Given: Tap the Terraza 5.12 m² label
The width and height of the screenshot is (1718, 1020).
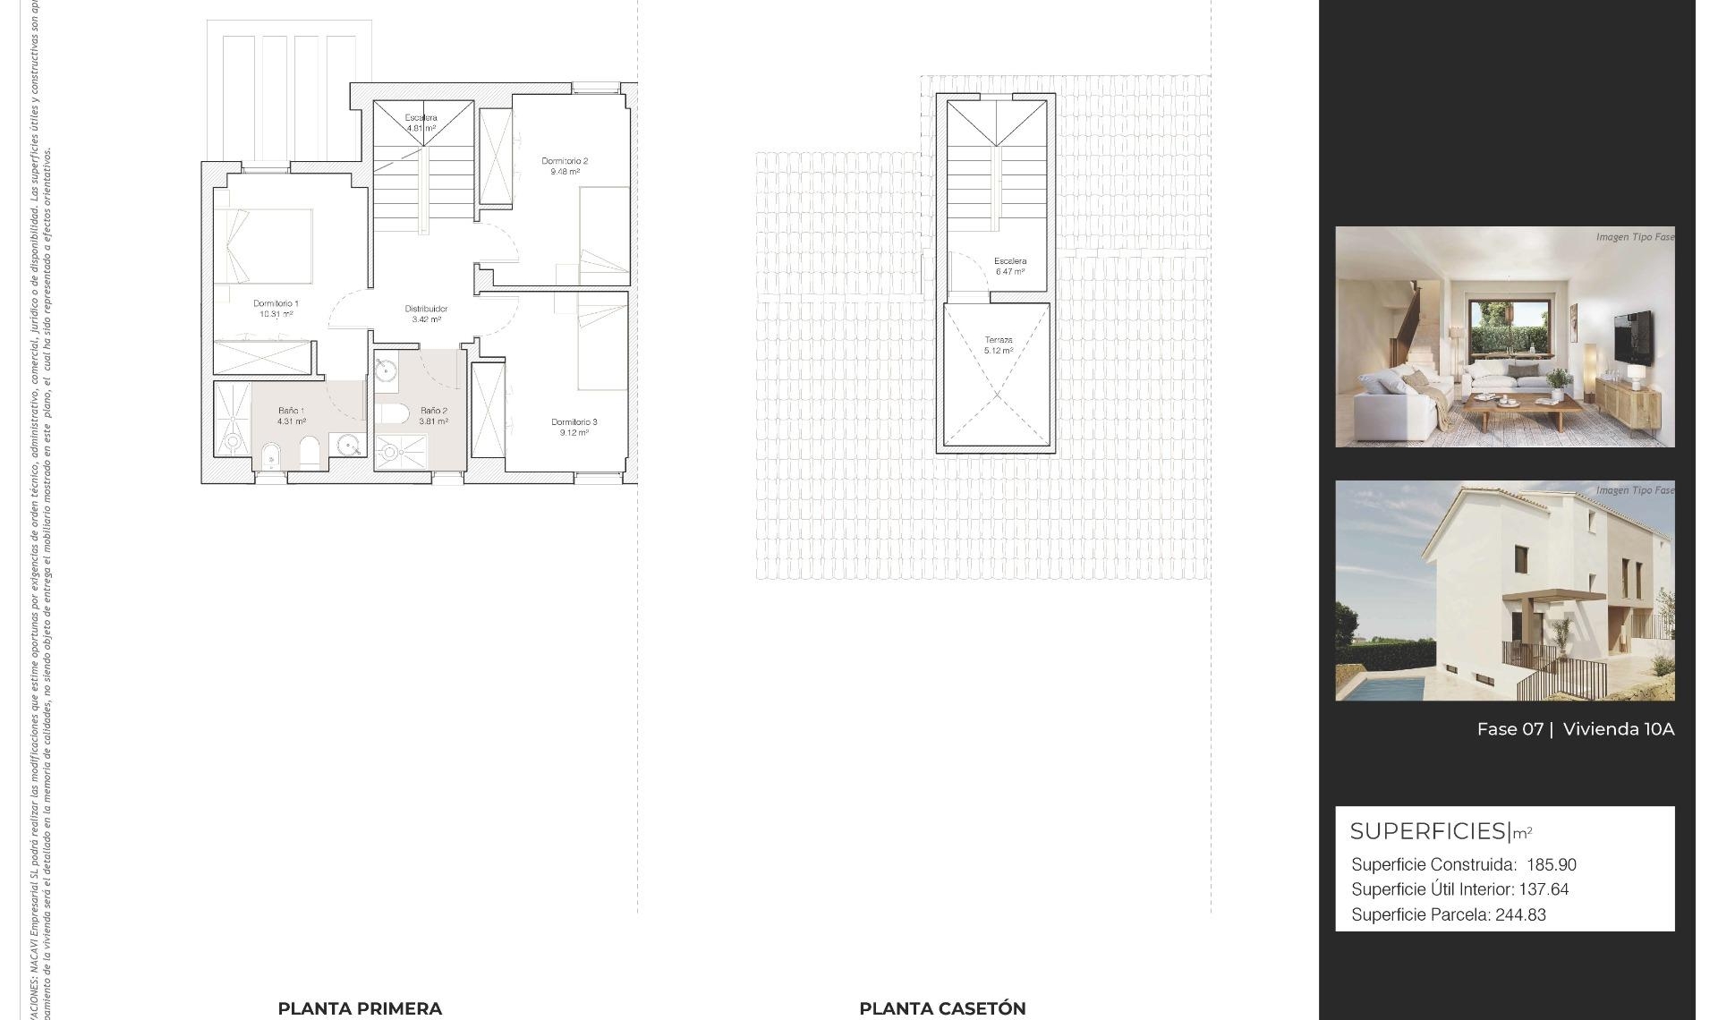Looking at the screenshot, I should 999,345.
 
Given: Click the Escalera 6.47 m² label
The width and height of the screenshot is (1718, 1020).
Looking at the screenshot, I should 1010,266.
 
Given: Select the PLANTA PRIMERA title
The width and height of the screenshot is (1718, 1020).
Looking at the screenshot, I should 360,1008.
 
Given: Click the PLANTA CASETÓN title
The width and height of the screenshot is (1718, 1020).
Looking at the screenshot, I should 942,1008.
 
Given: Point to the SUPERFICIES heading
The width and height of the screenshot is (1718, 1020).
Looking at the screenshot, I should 1429,831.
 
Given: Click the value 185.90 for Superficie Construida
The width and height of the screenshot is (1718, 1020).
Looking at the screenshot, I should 1552,865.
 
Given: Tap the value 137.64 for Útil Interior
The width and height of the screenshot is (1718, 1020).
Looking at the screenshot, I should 1544,889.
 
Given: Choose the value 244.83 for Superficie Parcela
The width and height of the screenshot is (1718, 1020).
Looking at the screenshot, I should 1520,914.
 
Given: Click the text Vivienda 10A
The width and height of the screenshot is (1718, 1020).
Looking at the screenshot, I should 1618,729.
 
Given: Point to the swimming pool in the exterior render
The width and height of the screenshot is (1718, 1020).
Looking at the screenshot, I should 1379,688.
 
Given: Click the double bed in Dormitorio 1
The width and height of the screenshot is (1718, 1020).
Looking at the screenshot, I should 268,246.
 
